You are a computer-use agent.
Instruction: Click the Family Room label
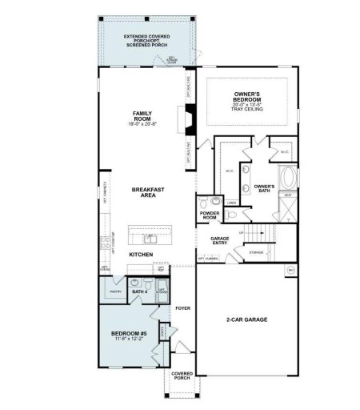[x=142, y=118]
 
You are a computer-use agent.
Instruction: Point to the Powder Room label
[x=210, y=215]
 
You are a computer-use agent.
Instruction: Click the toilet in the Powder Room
[x=204, y=202]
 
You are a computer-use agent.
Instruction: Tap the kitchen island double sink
[x=151, y=238]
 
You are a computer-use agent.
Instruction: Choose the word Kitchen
[x=142, y=254]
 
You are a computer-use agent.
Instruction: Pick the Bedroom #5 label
[x=127, y=336]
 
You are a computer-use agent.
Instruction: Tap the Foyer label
[x=182, y=307]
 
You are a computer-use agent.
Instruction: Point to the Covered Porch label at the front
[x=182, y=375]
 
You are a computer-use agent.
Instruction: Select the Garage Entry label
[x=220, y=241]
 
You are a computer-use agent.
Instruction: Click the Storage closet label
[x=256, y=252]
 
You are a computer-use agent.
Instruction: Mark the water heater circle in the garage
[x=291, y=272]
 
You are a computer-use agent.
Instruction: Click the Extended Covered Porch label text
[x=146, y=41]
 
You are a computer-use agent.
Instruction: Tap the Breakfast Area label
[x=148, y=192]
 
